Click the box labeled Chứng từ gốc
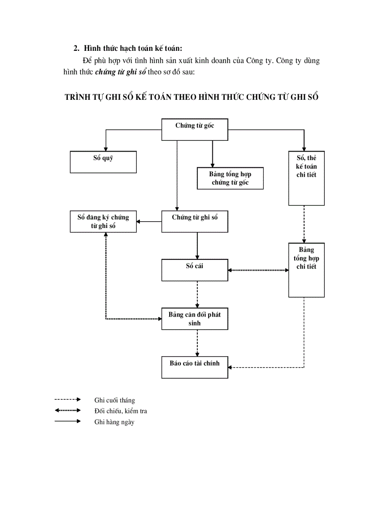[194, 130]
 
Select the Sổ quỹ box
[103, 162]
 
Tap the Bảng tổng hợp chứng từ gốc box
[230, 178]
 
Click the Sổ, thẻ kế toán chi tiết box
[306, 178]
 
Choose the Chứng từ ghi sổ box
[194, 221]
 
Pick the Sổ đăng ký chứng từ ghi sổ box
[103, 221]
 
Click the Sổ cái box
[194, 270]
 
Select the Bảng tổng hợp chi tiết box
[306, 270]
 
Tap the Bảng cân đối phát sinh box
[194, 318]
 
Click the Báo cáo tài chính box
[194, 367]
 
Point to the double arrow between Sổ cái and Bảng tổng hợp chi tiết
[258, 270]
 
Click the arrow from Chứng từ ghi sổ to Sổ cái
[197, 246]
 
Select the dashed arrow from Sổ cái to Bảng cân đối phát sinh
[197, 295]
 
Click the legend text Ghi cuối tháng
[114, 400]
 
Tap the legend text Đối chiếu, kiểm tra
[121, 411]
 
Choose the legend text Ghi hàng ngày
[114, 422]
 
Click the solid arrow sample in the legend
[67, 421]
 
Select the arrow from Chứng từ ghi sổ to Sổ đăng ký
[149, 221]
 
